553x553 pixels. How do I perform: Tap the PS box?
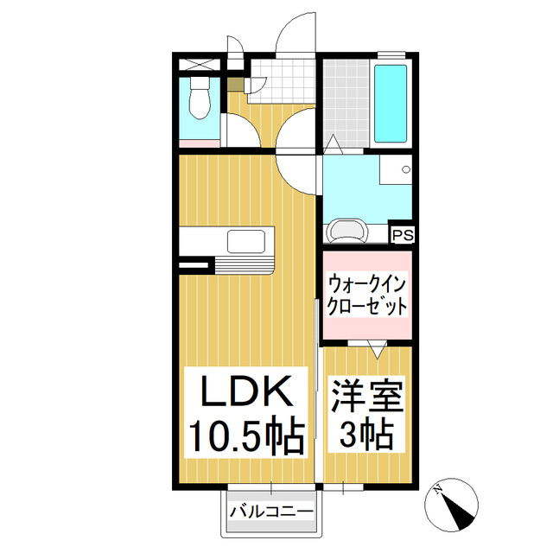click(x=403, y=234)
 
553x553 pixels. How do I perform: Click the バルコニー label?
click(x=271, y=512)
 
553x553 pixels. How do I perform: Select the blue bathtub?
click(x=392, y=105)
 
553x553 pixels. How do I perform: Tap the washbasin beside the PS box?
click(x=348, y=231)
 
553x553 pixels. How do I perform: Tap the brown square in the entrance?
click(x=236, y=83)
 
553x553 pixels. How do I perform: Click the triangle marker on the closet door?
click(x=378, y=349)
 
